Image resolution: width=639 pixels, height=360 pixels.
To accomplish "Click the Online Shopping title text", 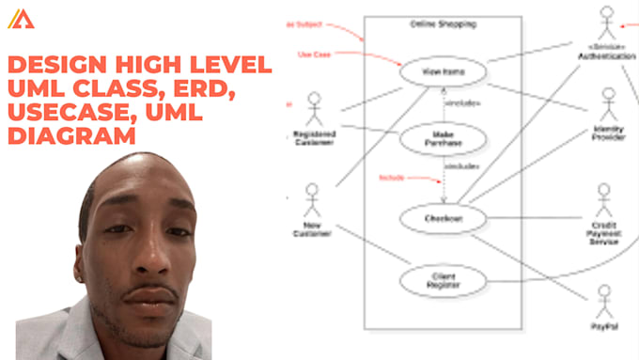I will (x=442, y=23).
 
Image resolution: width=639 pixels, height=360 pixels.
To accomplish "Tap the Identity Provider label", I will (x=608, y=132).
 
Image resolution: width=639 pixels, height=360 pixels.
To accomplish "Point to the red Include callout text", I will (x=391, y=177).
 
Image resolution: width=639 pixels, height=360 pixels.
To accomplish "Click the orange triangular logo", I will (x=21, y=19).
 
